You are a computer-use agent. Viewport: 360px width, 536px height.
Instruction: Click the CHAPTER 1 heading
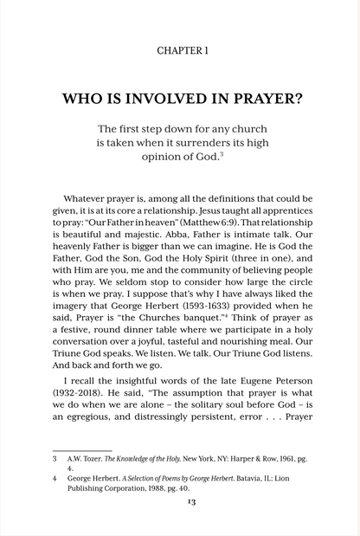click(x=183, y=51)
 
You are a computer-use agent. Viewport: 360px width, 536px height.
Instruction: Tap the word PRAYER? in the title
click(x=260, y=98)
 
